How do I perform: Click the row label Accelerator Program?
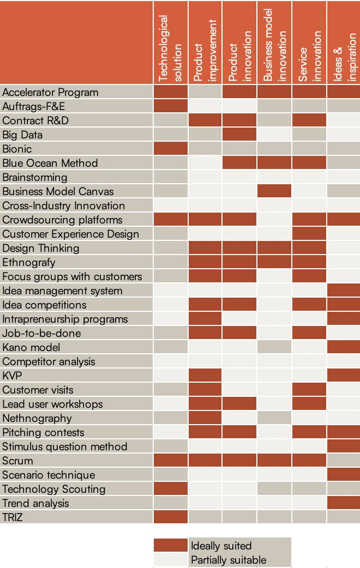(x=50, y=92)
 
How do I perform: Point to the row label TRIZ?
(x=13, y=517)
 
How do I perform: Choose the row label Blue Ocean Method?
(x=50, y=163)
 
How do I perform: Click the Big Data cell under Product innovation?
(x=239, y=135)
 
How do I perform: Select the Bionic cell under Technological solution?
(x=170, y=149)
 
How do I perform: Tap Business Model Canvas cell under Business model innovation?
(x=274, y=191)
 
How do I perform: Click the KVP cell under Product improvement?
(x=205, y=376)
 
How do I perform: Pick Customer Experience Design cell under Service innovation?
(x=309, y=234)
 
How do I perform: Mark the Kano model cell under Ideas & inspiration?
(x=344, y=347)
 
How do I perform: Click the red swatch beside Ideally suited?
(x=171, y=546)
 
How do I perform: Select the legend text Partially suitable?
(x=229, y=560)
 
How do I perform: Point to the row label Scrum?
(x=17, y=461)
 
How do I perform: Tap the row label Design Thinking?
(x=41, y=248)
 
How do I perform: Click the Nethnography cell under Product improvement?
(x=205, y=418)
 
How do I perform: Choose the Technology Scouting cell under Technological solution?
(x=170, y=489)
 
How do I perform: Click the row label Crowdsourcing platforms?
(x=62, y=220)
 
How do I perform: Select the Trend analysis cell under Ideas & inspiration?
(x=344, y=503)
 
